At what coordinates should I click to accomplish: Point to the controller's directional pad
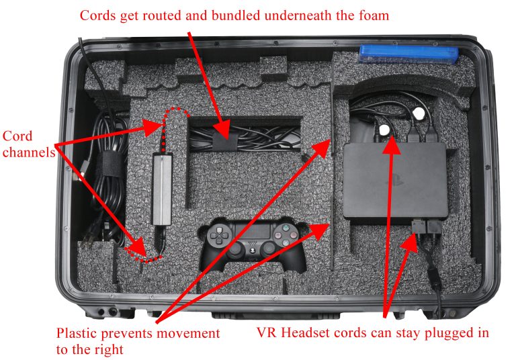(x=218, y=235)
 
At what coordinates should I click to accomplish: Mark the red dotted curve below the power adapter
(x=149, y=253)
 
